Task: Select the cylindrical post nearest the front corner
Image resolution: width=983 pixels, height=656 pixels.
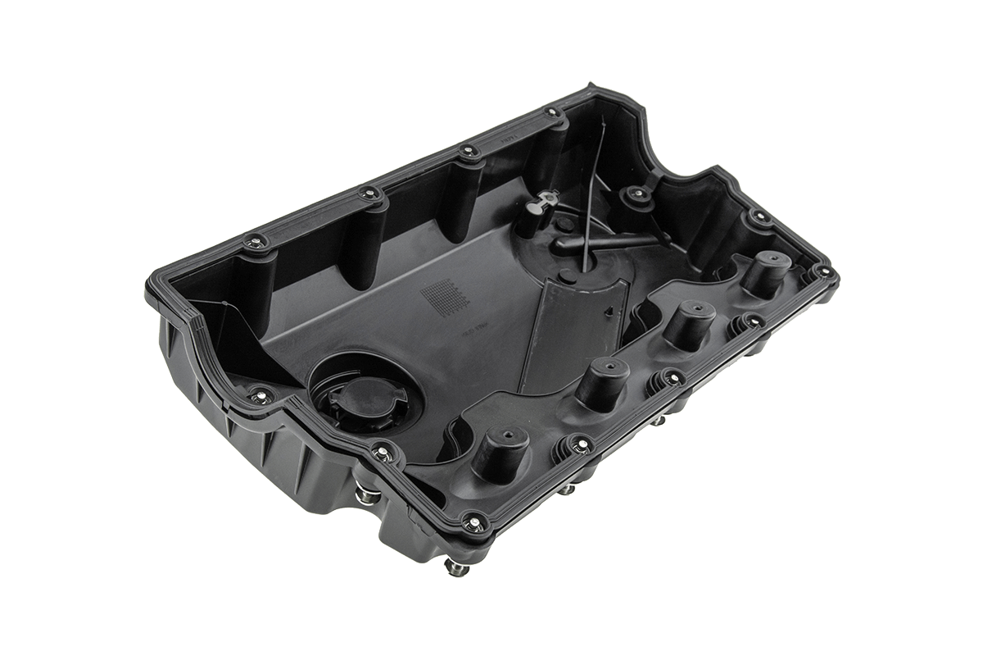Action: [x=500, y=449]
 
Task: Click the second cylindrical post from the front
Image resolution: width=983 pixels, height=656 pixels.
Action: [x=602, y=382]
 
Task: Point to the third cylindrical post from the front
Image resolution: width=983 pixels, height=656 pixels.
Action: [x=686, y=322]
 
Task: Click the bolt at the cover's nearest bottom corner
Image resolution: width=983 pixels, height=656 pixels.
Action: [x=473, y=518]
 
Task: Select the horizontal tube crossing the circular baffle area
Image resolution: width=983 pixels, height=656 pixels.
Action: [x=606, y=241]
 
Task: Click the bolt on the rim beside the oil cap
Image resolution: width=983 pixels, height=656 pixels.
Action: [x=381, y=449]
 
